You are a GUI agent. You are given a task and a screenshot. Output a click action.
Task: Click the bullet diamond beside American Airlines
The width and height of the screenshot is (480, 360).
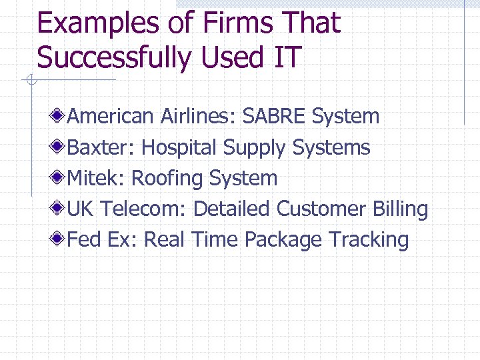click(x=60, y=117)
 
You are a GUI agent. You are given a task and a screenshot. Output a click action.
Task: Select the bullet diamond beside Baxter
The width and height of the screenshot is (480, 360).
click(x=60, y=147)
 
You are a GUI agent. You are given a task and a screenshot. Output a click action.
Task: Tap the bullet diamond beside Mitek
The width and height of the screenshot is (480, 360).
click(x=60, y=178)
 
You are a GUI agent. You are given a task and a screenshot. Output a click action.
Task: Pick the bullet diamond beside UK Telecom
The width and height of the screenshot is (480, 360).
click(x=60, y=209)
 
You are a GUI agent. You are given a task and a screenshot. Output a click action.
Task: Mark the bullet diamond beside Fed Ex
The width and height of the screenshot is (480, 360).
click(x=60, y=239)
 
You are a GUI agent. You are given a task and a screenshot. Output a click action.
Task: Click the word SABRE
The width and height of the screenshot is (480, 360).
click(x=274, y=117)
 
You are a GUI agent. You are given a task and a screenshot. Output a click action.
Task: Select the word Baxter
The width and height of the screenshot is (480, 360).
click(x=101, y=147)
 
